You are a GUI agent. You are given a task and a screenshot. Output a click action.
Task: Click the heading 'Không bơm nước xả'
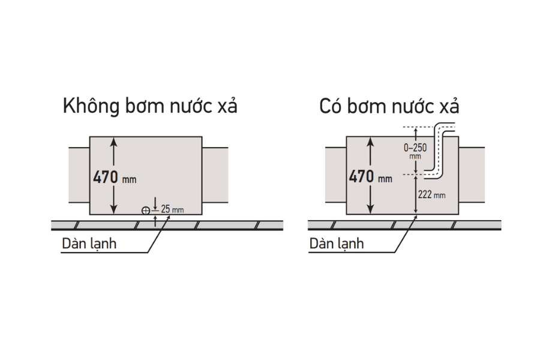(x=150, y=107)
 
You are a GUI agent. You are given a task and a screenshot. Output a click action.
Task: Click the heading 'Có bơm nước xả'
(x=389, y=107)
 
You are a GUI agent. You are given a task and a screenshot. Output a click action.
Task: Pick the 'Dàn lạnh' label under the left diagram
(x=88, y=244)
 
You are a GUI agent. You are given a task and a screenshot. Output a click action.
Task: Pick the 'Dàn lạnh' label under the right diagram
(x=337, y=244)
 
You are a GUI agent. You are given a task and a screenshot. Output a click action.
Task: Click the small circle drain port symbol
(x=145, y=211)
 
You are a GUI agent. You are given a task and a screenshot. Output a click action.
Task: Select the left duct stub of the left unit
(x=79, y=175)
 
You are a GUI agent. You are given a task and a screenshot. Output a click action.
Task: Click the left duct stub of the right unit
(x=336, y=175)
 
